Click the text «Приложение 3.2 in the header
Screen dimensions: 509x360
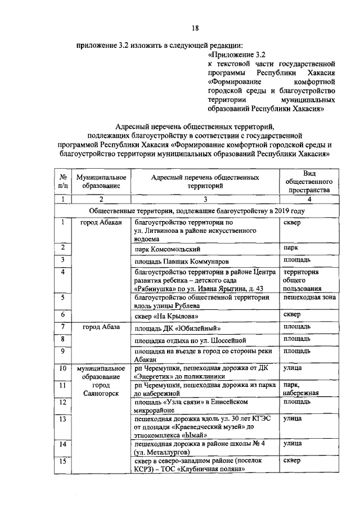(236, 55)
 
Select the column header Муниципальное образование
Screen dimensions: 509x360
(101, 181)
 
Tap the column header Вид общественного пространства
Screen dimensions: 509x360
(309, 181)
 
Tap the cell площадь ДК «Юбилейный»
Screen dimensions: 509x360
(177, 328)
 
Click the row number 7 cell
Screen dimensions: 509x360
(64, 326)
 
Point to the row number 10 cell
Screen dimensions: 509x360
(64, 368)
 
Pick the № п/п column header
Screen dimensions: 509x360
(64, 181)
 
